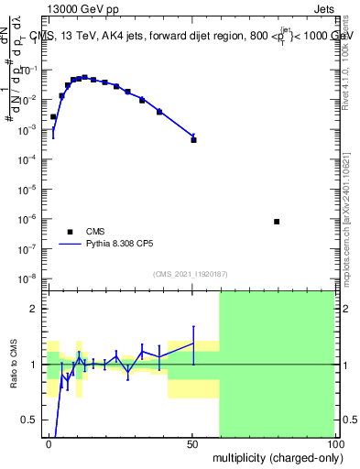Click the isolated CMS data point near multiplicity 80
(277, 222)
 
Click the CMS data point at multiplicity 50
(193, 140)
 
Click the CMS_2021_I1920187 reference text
(190, 274)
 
